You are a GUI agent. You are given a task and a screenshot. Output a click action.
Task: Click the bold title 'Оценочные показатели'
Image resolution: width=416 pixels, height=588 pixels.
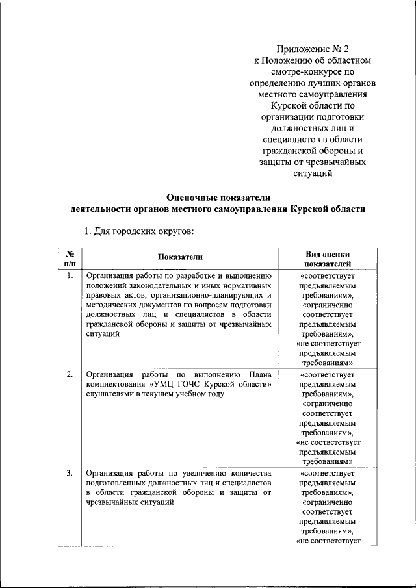point(218,197)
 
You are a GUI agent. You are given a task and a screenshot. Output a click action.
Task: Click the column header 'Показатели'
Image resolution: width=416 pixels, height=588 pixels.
point(179,258)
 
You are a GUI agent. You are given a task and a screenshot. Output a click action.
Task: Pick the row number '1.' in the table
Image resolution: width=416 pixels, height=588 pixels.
point(70,275)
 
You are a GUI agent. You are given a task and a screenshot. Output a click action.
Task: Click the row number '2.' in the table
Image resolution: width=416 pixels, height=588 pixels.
point(70,375)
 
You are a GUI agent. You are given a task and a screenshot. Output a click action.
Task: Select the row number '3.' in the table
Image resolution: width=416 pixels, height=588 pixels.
point(70,473)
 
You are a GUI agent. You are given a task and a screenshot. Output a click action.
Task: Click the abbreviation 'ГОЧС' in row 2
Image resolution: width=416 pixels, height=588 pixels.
point(189,385)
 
